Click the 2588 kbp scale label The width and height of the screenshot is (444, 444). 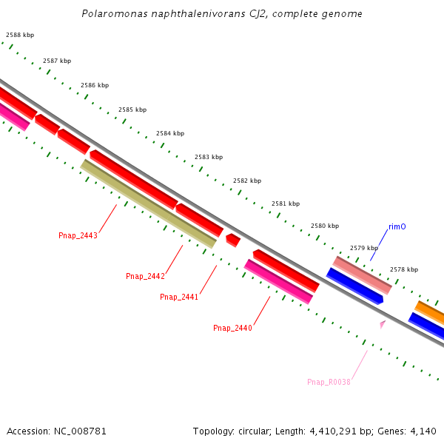point(20,35)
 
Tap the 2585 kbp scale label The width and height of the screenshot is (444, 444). point(132,110)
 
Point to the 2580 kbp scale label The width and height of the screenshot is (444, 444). point(325,226)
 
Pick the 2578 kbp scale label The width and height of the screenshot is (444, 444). point(404,269)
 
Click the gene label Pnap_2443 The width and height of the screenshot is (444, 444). point(78,235)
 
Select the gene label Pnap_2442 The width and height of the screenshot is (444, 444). point(145,276)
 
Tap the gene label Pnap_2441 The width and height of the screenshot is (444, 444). point(179,297)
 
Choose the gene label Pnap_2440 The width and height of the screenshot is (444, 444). point(232,328)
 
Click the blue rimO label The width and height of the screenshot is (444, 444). point(397,227)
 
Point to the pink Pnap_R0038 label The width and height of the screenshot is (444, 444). point(329,382)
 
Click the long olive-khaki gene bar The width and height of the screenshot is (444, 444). point(148,203)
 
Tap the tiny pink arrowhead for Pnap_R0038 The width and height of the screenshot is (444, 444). point(383,323)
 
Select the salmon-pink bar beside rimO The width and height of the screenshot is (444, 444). point(363,275)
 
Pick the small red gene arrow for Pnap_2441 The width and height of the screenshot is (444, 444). point(232,240)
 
